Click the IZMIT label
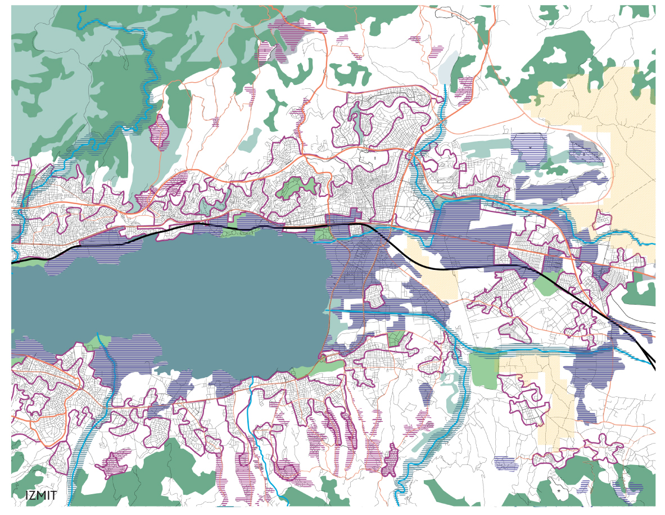pyautogui.click(x=41, y=495)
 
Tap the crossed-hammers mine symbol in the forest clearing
pyautogui.click(x=559, y=490)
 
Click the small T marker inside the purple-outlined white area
pyautogui.click(x=374, y=159)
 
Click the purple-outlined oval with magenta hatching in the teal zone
pyautogui.click(x=160, y=132)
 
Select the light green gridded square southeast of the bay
pyautogui.click(x=396, y=338)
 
